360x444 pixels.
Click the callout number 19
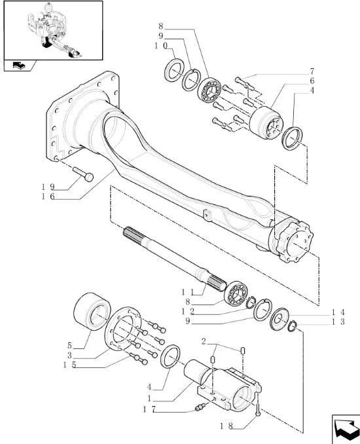pos(48,187)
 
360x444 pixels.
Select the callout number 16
pos(48,196)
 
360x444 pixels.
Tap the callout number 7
pos(312,71)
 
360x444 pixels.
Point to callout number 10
pos(161,46)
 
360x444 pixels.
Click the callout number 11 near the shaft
pos(188,291)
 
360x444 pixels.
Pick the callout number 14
pos(338,312)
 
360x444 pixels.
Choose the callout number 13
pos(338,322)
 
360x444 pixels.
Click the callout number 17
pos(149,409)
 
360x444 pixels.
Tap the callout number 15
pos(69,365)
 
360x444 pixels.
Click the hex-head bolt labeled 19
pos(83,174)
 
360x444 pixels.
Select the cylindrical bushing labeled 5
pos(92,311)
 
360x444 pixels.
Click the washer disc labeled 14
pos(279,318)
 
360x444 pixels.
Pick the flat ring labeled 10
pos(173,70)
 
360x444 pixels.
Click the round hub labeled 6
pos(266,123)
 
